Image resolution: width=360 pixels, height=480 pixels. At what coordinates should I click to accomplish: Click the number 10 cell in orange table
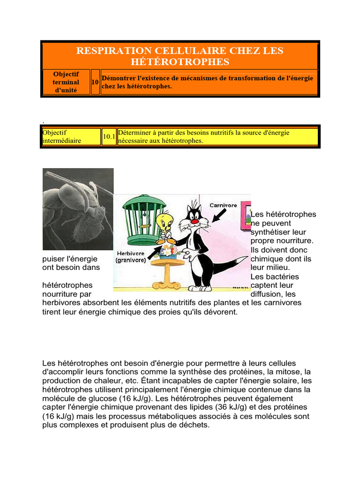[95, 82]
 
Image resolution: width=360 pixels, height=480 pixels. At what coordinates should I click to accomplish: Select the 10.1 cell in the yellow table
[109, 137]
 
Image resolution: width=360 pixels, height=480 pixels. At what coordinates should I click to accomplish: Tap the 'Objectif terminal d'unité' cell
[66, 82]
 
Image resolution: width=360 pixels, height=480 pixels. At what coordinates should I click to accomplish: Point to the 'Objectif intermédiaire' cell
[71, 136]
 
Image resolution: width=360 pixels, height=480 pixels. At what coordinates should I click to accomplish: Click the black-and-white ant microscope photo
[78, 209]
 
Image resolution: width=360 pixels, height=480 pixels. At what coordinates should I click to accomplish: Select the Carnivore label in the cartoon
[223, 205]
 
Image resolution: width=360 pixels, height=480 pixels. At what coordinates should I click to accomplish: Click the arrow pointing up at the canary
[155, 253]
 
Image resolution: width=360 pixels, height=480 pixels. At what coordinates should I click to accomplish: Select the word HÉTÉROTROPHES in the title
[180, 62]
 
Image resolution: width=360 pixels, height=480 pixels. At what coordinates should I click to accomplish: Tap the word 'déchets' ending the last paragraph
[195, 425]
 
